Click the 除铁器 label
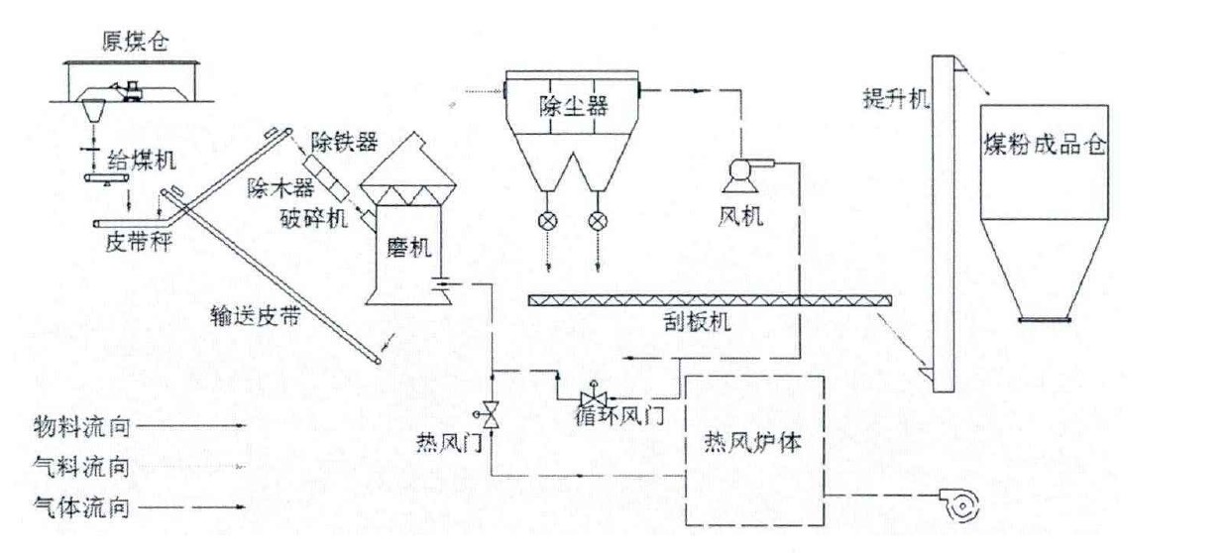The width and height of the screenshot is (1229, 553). click(343, 142)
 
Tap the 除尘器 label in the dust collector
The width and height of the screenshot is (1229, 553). click(573, 103)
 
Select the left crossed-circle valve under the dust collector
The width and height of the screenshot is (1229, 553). click(544, 220)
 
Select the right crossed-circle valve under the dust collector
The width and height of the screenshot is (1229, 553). click(598, 220)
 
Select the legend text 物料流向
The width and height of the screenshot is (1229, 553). click(80, 426)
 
